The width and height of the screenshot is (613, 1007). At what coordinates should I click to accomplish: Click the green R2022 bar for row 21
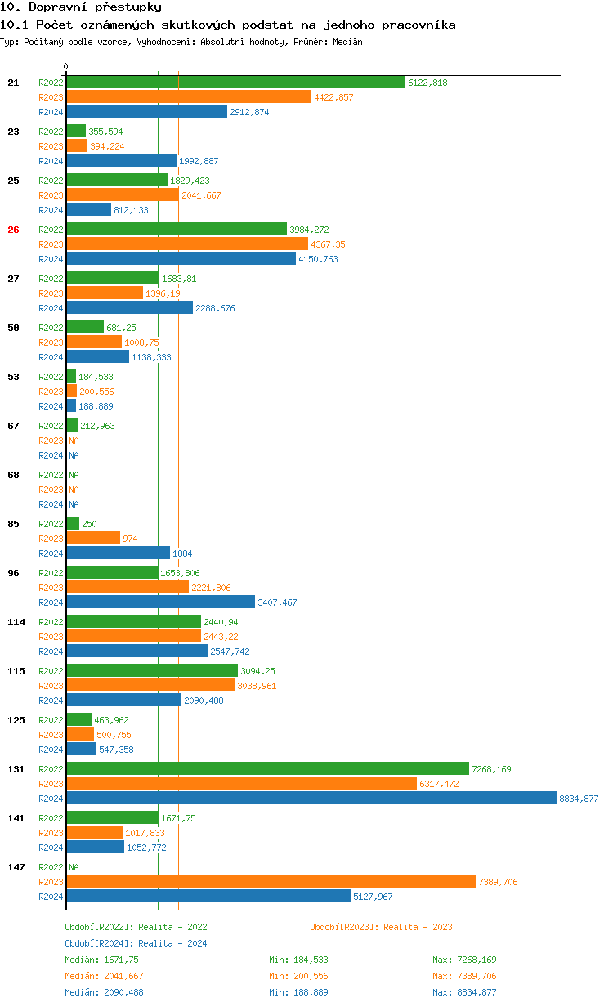[235, 83]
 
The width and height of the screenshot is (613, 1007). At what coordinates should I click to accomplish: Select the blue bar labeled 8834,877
[311, 799]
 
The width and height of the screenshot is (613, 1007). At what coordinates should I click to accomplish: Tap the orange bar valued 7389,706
[271, 882]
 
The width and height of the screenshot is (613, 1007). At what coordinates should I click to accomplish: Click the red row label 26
[13, 230]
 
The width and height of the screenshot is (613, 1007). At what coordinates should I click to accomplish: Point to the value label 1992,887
[199, 161]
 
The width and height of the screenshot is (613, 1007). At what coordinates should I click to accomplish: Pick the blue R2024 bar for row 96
[160, 602]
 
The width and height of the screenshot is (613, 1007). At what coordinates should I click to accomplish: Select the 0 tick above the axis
[66, 66]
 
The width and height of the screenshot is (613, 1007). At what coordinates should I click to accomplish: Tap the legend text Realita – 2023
[418, 927]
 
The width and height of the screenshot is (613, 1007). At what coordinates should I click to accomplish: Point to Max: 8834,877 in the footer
[464, 992]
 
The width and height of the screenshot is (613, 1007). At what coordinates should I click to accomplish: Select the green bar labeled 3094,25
[152, 671]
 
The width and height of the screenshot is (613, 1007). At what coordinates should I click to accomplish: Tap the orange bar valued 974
[93, 539]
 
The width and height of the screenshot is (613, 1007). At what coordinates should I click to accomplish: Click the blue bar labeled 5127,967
[208, 897]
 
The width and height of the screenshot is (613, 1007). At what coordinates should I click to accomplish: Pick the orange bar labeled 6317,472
[241, 784]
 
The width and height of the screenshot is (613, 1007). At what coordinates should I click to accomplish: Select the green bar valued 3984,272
[177, 230]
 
